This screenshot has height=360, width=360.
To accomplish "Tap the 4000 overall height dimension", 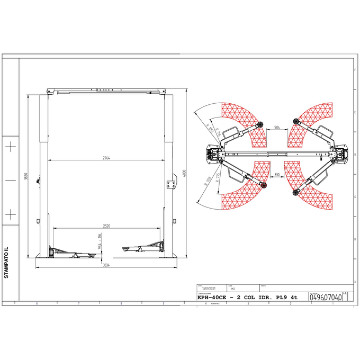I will click(185, 173).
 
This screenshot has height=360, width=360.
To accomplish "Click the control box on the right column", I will click(171, 183).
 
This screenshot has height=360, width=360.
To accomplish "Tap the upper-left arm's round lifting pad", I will click(260, 124).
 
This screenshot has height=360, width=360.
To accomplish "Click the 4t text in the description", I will click(294, 298).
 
